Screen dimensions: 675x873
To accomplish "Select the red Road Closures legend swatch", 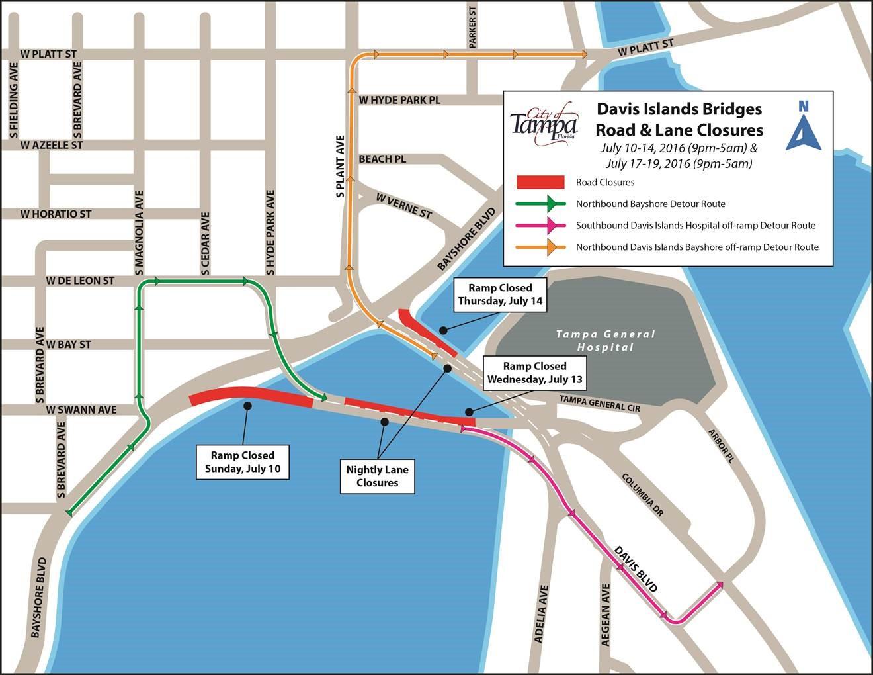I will (540, 182).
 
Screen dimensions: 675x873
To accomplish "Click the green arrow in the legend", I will (540, 204).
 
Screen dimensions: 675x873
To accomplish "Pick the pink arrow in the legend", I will (540, 226).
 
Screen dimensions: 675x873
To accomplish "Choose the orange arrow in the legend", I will (540, 247).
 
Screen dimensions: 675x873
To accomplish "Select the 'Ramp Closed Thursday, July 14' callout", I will (500, 294).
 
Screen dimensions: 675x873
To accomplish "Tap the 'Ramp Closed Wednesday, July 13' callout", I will (534, 373).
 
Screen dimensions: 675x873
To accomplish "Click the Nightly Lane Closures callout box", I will (378, 476).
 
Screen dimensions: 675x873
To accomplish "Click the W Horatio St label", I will (56, 214).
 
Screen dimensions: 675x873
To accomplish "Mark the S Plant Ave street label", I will (340, 167).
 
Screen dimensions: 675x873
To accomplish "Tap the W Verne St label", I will (403, 206).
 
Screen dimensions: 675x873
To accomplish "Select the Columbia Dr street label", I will (642, 494).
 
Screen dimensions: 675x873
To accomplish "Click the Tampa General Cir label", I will (599, 404).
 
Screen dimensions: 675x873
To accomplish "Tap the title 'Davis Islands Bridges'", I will (679, 109).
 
